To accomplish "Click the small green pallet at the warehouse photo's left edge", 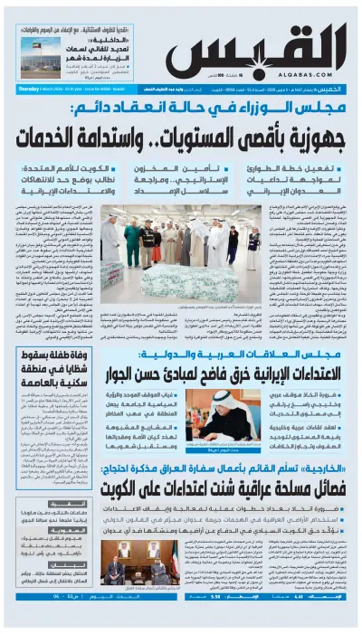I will (110, 276).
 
